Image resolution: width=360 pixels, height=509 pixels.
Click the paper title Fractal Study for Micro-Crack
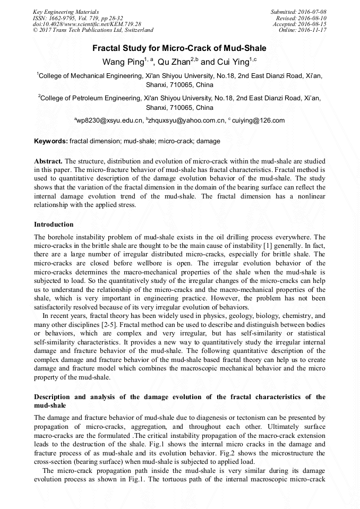tap(179, 48)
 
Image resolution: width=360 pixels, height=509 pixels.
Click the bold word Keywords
tap(51, 142)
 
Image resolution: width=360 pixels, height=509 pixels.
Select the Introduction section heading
tap(54, 225)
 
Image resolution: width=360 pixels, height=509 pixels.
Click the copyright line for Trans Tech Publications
tap(93, 30)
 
